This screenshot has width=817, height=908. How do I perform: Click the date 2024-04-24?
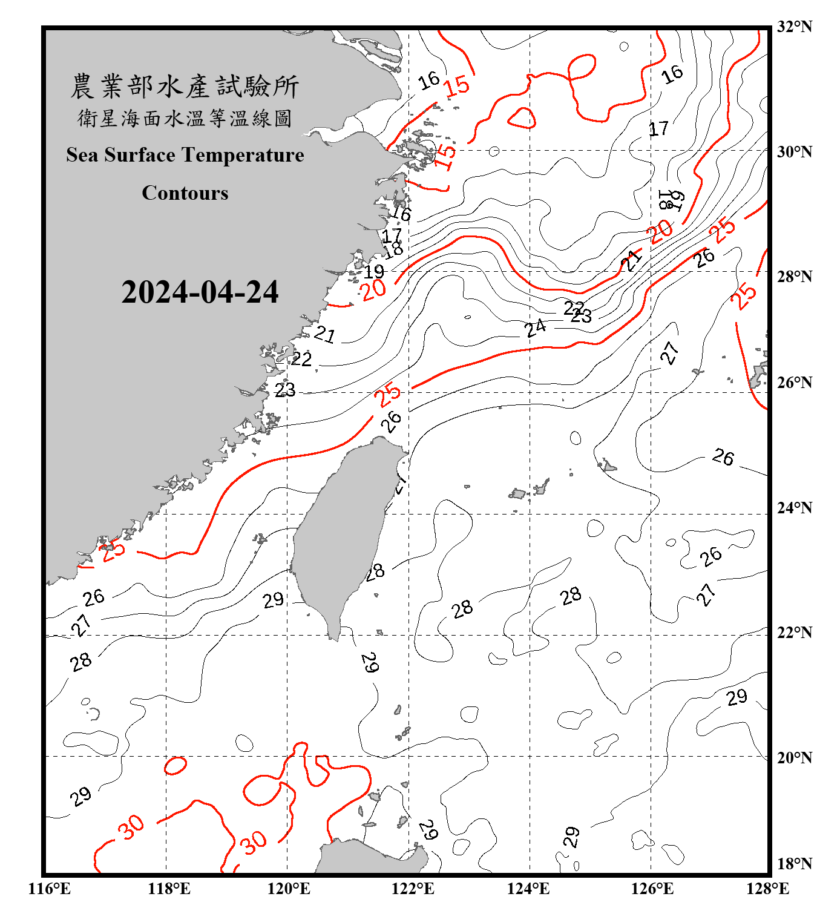click(x=200, y=292)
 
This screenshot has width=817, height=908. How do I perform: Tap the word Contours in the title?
click(x=185, y=193)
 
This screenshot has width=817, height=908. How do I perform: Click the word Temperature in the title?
click(x=243, y=155)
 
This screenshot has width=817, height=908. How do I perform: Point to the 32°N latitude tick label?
click(x=795, y=27)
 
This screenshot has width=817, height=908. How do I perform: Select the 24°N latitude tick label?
click(x=795, y=507)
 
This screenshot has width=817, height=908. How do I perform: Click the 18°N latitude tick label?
click(x=795, y=864)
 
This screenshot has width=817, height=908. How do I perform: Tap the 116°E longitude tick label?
click(x=49, y=889)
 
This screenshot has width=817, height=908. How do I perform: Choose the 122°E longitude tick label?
click(x=413, y=889)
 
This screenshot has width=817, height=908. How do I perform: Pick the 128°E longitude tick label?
click(x=767, y=889)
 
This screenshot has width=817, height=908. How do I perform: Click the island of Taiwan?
click(x=342, y=533)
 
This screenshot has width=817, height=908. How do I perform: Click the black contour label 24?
click(x=535, y=328)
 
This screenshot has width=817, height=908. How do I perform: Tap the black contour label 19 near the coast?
click(x=374, y=272)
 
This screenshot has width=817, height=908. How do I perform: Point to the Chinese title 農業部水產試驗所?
click(x=185, y=87)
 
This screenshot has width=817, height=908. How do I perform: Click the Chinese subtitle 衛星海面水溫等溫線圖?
click(x=185, y=119)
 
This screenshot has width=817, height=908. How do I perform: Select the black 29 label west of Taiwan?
click(x=273, y=600)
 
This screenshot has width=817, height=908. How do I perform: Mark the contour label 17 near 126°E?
click(x=658, y=129)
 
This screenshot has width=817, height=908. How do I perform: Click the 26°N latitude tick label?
click(x=795, y=383)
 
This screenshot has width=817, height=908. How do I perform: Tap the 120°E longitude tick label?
click(x=289, y=889)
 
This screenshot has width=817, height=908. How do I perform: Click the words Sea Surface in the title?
click(x=121, y=155)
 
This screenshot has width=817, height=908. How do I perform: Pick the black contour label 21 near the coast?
click(x=324, y=334)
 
